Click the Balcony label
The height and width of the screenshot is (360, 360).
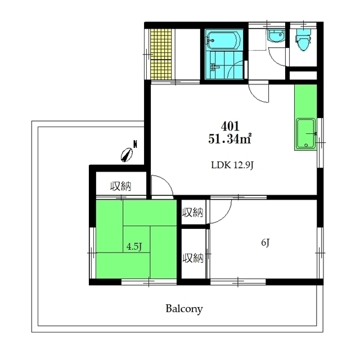184,309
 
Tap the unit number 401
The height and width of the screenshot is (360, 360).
230,126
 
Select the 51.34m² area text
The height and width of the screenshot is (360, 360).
229,138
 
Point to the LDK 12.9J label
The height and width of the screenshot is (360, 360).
232,165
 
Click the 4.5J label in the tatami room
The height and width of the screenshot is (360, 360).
134,247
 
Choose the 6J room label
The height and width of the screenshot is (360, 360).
265,242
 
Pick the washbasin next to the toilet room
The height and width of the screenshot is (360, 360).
276,36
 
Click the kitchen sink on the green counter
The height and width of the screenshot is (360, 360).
305,134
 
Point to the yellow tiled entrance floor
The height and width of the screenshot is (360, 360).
161,55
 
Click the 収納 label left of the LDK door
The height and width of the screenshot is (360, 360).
121,186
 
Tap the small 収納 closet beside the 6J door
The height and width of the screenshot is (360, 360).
193,212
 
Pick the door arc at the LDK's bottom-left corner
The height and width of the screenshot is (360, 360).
167,182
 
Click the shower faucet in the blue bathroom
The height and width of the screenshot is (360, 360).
215,67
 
